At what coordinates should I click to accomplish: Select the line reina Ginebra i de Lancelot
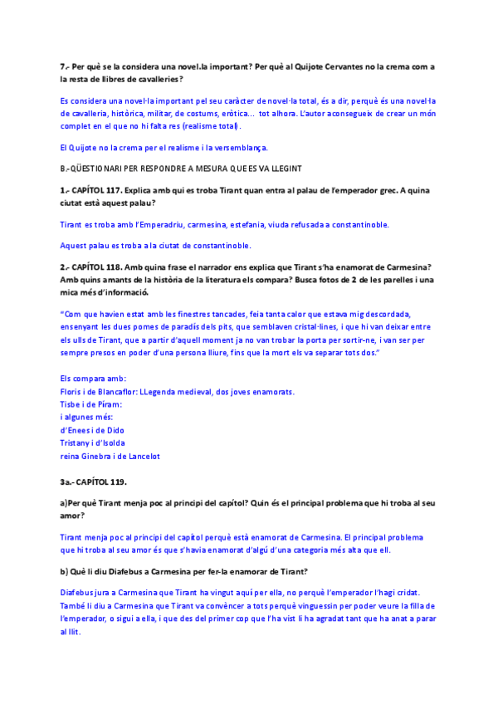[110, 456]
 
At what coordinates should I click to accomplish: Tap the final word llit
[72, 632]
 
